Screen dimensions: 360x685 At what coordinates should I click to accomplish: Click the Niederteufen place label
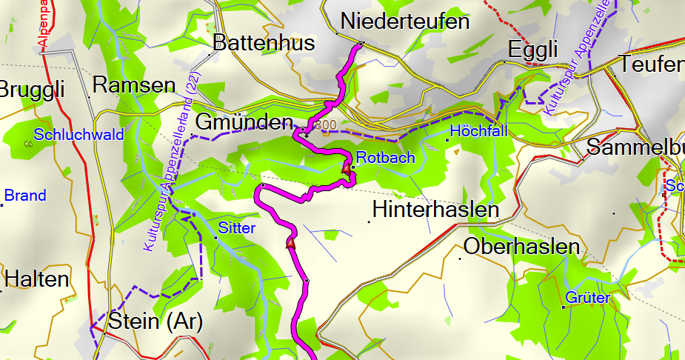pyautogui.click(x=405, y=21)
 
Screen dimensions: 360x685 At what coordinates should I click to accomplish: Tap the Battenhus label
pyautogui.click(x=264, y=43)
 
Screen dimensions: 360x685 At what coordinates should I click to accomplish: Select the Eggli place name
pyautogui.click(x=532, y=50)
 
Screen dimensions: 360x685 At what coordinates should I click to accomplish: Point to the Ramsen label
pyautogui.click(x=134, y=84)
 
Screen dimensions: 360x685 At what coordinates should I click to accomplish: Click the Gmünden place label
pyautogui.click(x=243, y=122)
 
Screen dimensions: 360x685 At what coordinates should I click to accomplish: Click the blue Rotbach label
pyautogui.click(x=385, y=157)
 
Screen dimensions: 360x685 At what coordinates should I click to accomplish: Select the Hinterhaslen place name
pyautogui.click(x=435, y=210)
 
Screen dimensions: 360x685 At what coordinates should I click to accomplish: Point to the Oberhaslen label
pyautogui.click(x=521, y=247)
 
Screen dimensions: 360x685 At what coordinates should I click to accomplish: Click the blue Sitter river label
pyautogui.click(x=237, y=228)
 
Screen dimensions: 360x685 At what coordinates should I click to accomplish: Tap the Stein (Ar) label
pyautogui.click(x=155, y=321)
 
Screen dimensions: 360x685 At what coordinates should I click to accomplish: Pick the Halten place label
pyautogui.click(x=36, y=279)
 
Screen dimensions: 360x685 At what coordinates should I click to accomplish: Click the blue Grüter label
pyautogui.click(x=588, y=298)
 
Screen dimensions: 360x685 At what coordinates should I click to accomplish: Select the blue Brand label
pyautogui.click(x=25, y=196)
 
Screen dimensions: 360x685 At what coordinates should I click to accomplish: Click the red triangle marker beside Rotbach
pyautogui.click(x=346, y=169)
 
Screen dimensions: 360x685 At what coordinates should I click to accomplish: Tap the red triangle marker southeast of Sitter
pyautogui.click(x=290, y=241)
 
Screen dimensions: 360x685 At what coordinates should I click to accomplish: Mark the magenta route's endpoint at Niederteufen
pyautogui.click(x=361, y=45)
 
